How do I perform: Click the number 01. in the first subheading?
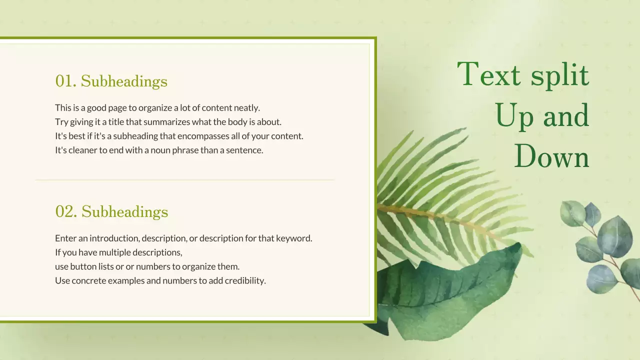point(66,81)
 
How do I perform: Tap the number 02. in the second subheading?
point(66,212)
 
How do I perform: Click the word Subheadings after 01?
point(124,81)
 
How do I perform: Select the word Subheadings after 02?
point(124,212)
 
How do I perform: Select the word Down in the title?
point(551,156)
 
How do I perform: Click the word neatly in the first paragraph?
point(245,107)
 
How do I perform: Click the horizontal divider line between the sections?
point(185,179)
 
